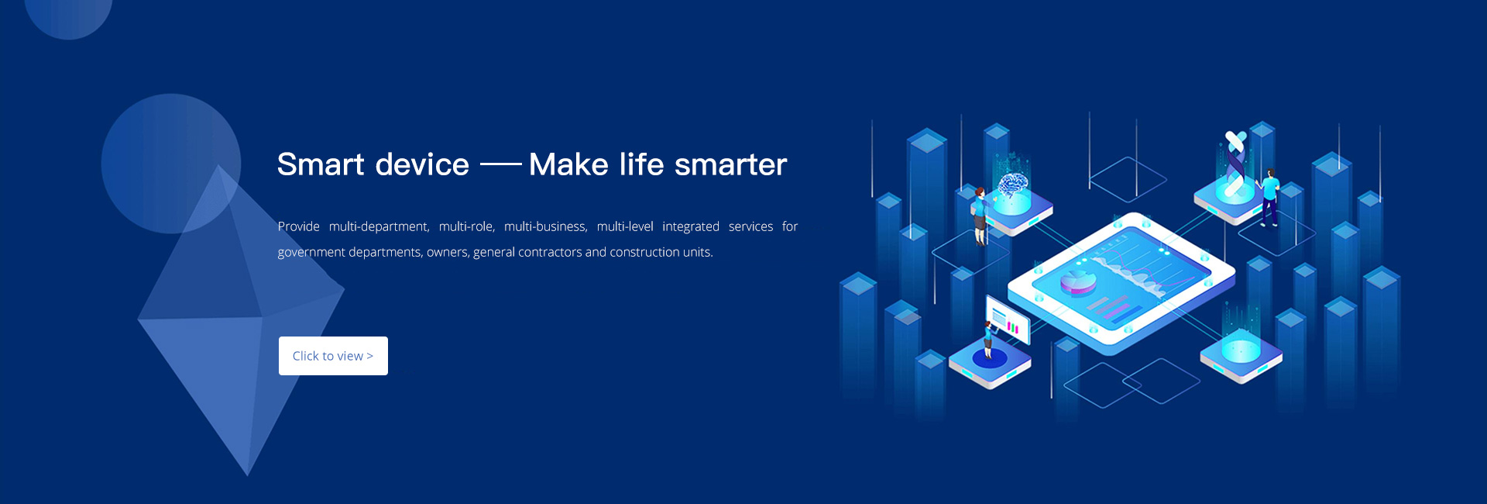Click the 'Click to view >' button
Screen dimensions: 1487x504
pyautogui.click(x=333, y=356)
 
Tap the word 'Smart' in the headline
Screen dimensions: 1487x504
pyautogui.click(x=321, y=164)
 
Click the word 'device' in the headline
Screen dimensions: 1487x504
pyautogui.click(x=422, y=164)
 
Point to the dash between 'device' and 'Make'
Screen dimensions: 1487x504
pyautogui.click(x=501, y=164)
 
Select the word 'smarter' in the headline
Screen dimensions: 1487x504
pyautogui.click(x=730, y=165)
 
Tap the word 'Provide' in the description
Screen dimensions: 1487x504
pyautogui.click(x=299, y=226)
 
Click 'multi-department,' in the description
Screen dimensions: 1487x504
pyautogui.click(x=379, y=226)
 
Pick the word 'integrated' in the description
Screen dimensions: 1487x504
pyautogui.click(x=691, y=226)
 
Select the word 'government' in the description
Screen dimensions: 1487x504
pyautogui.click(x=311, y=252)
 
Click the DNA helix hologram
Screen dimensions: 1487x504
pyautogui.click(x=1235, y=163)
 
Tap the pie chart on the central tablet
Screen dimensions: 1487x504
pyautogui.click(x=1078, y=281)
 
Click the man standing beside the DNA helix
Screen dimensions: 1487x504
pyautogui.click(x=1269, y=197)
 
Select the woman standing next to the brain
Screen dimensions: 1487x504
pyautogui.click(x=980, y=216)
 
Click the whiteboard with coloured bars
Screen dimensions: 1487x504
pyautogui.click(x=1008, y=319)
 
